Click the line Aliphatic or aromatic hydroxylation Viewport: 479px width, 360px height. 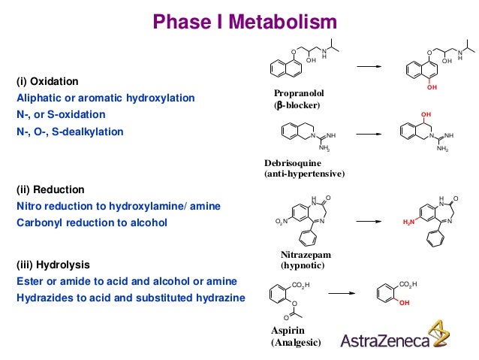(106, 98)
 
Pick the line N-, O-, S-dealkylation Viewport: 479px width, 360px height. (70, 132)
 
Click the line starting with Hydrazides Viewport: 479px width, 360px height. (131, 298)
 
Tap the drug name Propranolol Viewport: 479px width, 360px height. (300, 93)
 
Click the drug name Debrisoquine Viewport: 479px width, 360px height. (293, 163)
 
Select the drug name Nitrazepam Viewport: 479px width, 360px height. (306, 255)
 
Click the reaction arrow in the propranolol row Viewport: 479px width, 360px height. (369, 67)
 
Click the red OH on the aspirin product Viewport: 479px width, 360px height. (405, 303)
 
